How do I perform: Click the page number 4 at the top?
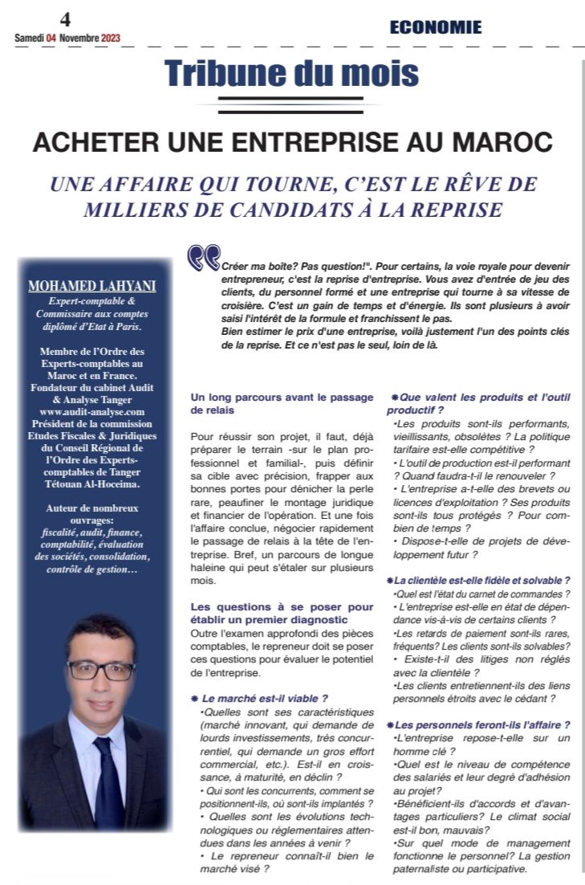(x=65, y=21)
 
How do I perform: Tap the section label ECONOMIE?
(x=436, y=27)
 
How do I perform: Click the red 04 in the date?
(x=51, y=38)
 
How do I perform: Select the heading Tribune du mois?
(x=291, y=74)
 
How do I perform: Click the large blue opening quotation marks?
(x=203, y=258)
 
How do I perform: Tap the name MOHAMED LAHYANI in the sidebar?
(x=91, y=287)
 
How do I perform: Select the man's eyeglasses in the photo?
(x=101, y=670)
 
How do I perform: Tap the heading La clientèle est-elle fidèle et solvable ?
(x=483, y=580)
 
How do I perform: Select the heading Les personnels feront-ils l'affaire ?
(x=483, y=724)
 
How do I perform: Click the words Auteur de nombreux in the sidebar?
(x=92, y=508)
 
